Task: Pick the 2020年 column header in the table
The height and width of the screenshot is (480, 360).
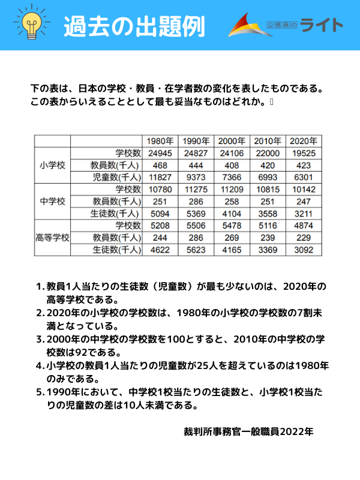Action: pos(303,141)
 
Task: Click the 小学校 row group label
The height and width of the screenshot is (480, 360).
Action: pos(52,165)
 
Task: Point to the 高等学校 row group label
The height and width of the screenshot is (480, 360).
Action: pos(52,238)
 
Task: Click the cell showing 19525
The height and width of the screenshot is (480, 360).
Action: pos(303,153)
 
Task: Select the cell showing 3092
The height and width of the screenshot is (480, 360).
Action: pos(303,250)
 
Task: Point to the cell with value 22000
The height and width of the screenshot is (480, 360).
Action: pos(267,153)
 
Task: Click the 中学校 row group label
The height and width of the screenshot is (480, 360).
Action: pos(52,202)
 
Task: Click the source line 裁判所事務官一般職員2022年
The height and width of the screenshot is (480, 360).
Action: pos(249,431)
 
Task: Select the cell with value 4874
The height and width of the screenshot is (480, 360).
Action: pos(303,226)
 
